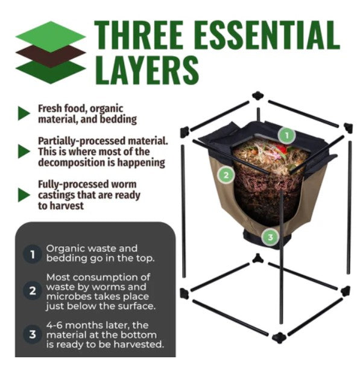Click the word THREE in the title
tap(139, 35)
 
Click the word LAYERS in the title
tap(147, 70)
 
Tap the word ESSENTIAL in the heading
tap(267, 35)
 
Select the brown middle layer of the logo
tap(51, 56)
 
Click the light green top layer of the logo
tap(51, 36)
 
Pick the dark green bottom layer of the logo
tap(51, 72)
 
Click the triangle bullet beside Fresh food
tap(24, 113)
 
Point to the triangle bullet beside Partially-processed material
tap(24, 151)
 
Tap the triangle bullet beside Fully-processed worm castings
tap(24, 195)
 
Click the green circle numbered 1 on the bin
tap(286, 136)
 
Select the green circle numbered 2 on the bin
tap(226, 175)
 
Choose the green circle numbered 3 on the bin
tap(270, 237)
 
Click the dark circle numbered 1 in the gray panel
tap(33, 254)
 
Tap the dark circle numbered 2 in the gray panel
tap(33, 291)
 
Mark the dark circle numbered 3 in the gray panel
tap(33, 334)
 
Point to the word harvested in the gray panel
tap(139, 345)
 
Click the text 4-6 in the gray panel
tap(54, 325)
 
